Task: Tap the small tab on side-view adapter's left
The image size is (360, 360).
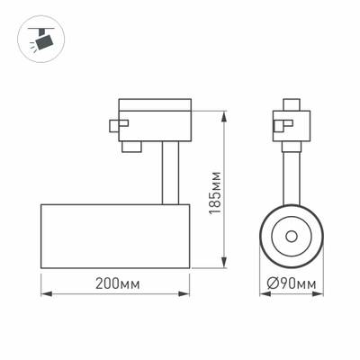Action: coord(113,127)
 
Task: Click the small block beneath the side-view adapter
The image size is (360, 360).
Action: coord(133,144)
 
